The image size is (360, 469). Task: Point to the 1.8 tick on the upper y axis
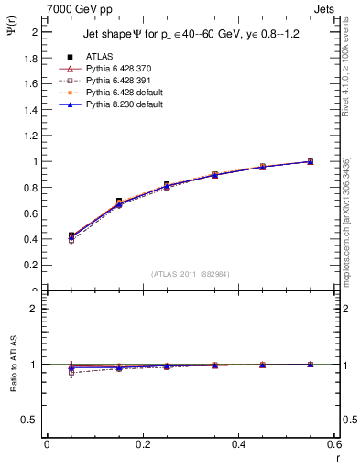tap(33, 58)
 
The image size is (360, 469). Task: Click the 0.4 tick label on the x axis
tap(238, 443)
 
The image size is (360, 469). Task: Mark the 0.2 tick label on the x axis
tap(142, 443)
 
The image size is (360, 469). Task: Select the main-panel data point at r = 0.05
tap(71, 236)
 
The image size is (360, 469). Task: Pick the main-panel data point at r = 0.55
tap(310, 161)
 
